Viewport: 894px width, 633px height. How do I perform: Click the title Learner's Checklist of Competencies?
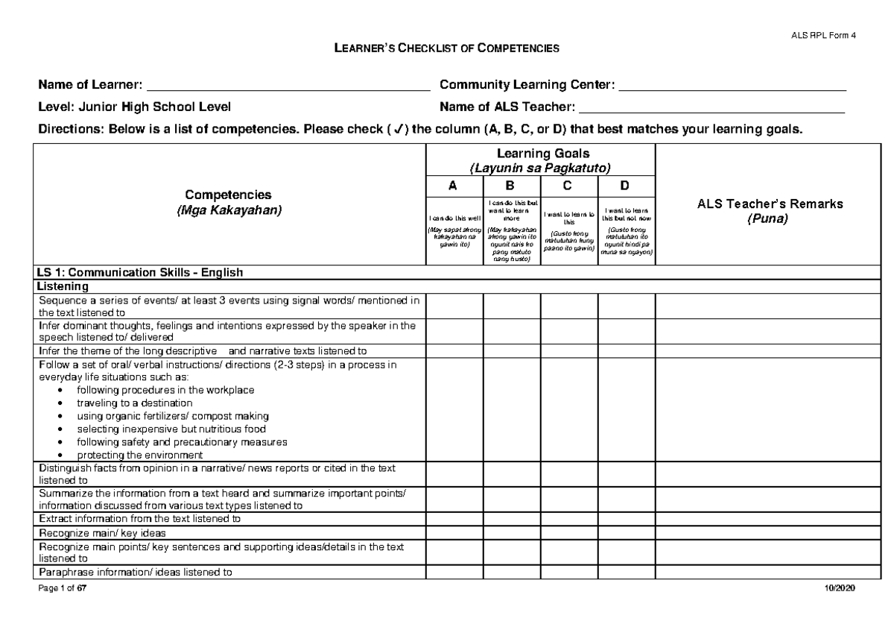click(446, 49)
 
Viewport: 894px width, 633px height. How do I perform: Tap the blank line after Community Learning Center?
click(732, 87)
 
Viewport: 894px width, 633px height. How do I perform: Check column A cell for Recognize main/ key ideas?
click(454, 532)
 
